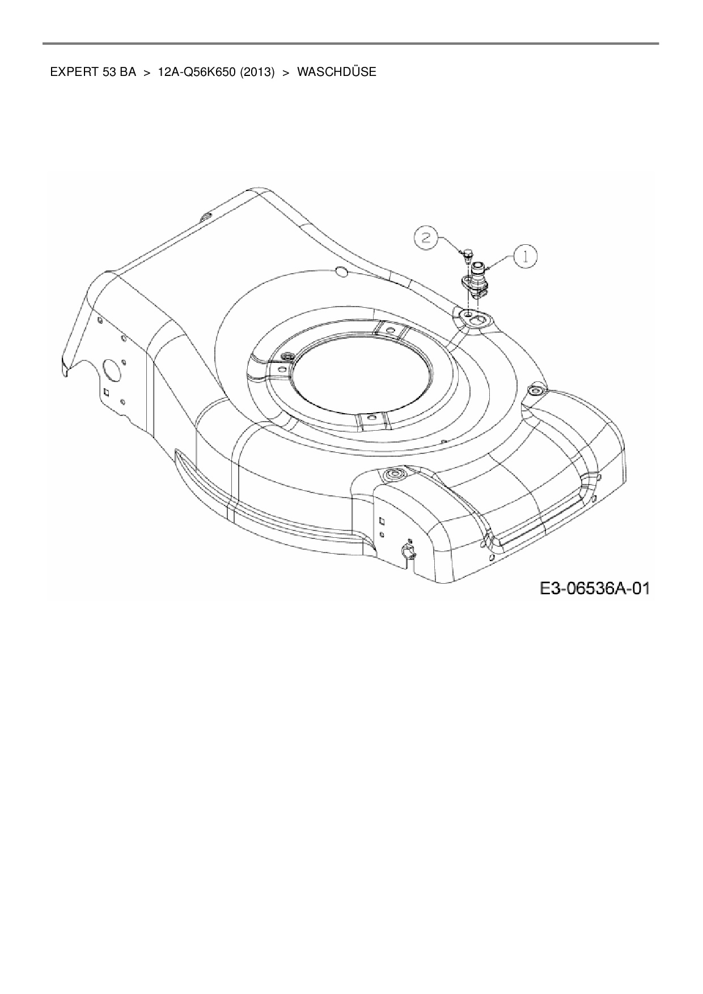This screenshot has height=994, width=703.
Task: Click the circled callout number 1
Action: pyautogui.click(x=526, y=257)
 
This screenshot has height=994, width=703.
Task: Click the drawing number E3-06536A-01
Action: pyautogui.click(x=594, y=589)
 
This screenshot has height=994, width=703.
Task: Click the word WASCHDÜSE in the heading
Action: pyautogui.click(x=336, y=73)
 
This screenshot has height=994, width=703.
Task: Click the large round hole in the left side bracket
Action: pyautogui.click(x=111, y=372)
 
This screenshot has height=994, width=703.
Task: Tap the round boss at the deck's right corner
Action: pyautogui.click(x=535, y=390)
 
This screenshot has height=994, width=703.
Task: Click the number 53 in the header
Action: pyautogui.click(x=110, y=73)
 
